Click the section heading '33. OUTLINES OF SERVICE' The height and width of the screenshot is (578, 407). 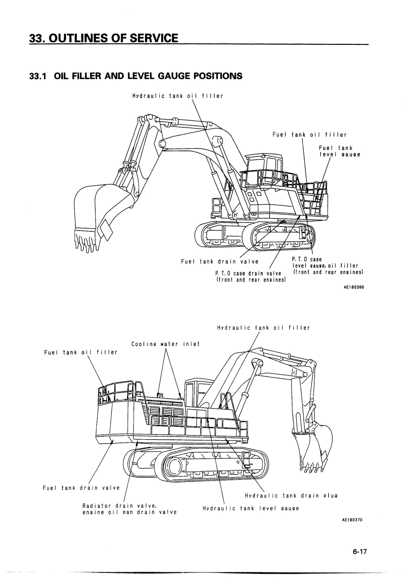104,38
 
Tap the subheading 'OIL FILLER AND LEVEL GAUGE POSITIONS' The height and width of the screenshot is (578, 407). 148,76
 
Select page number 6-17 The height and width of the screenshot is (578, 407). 360,552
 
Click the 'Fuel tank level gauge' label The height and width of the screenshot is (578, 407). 339,151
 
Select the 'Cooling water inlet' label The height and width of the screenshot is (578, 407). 165,344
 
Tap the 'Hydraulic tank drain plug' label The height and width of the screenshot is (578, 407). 291,496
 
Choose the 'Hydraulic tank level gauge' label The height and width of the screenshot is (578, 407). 251,508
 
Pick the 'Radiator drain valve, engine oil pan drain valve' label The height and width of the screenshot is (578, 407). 129,509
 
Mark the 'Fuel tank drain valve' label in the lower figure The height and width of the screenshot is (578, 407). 81,488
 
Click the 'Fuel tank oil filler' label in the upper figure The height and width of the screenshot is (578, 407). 309,135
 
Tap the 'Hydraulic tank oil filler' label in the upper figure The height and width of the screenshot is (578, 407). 178,96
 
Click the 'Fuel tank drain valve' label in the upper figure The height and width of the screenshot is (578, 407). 220,262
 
